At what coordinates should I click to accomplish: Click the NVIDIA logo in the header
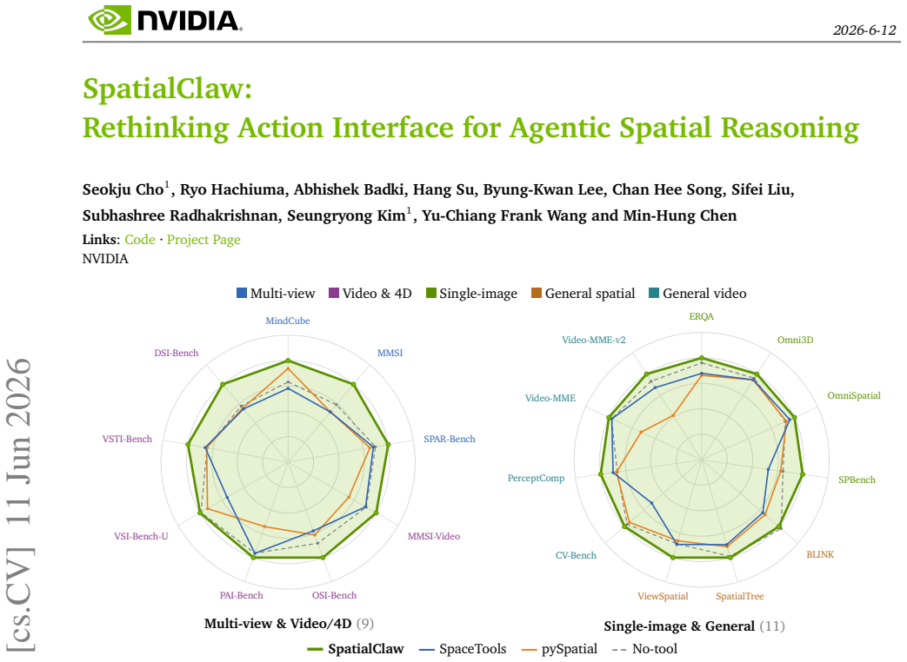(165, 20)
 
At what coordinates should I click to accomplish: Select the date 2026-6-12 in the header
(864, 30)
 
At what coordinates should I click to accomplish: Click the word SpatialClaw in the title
(167, 89)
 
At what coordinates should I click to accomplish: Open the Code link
(140, 239)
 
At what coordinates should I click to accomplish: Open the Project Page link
(203, 239)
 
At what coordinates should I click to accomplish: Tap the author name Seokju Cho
(123, 189)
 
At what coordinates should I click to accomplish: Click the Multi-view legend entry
(276, 294)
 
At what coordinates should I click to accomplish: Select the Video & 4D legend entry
(370, 294)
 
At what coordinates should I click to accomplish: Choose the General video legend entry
(697, 294)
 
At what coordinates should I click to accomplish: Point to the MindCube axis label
(288, 321)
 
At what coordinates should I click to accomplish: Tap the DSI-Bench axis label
(177, 353)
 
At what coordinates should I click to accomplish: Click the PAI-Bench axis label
(241, 595)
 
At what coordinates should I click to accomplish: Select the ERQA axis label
(702, 316)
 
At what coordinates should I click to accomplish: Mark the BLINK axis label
(820, 554)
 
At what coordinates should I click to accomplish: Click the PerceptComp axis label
(536, 479)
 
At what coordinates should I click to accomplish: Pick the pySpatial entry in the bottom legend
(560, 649)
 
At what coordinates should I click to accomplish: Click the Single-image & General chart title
(679, 626)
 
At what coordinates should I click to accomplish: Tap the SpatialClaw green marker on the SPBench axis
(803, 474)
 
